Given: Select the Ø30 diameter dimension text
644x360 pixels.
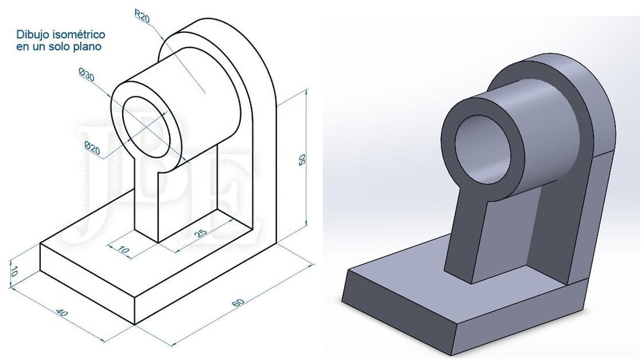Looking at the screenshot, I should [x=86, y=76].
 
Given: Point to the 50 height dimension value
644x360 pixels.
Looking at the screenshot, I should [x=303, y=160].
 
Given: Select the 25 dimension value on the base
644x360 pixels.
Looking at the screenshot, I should [x=199, y=234].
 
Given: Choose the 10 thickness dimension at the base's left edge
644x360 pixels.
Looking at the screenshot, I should [x=13, y=271].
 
